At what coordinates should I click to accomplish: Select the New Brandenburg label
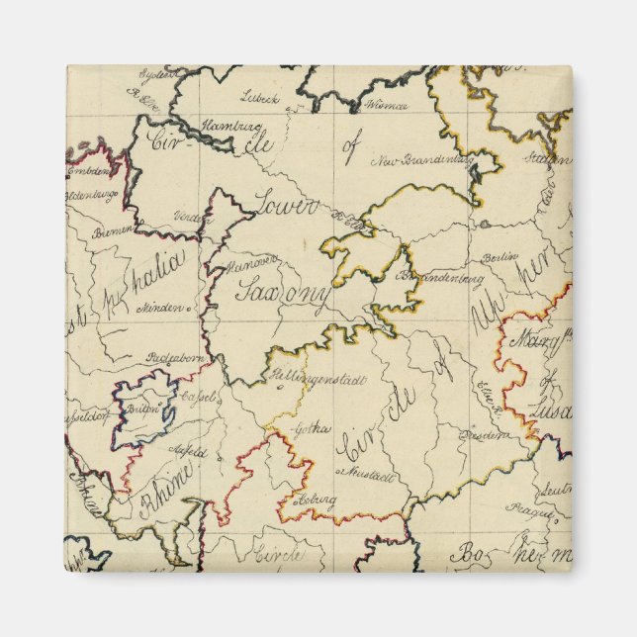[x=416, y=159]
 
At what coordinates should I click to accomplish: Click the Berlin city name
[x=500, y=257]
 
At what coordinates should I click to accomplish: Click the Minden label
[x=162, y=306]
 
